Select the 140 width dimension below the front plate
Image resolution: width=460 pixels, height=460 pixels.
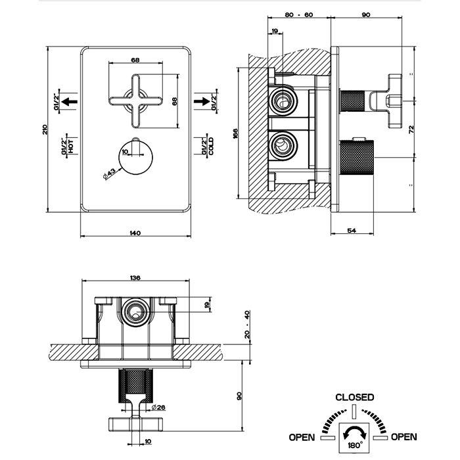pyautogui.click(x=135, y=233)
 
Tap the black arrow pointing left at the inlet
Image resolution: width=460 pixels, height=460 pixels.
pyautogui.click(x=72, y=102)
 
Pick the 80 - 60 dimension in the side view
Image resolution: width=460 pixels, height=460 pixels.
pyautogui.click(x=300, y=13)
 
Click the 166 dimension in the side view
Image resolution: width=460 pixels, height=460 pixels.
pyautogui.click(x=235, y=133)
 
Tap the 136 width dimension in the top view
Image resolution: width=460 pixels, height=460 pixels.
pyautogui.click(x=135, y=278)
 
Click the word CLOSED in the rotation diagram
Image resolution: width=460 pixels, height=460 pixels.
pyautogui.click(x=355, y=397)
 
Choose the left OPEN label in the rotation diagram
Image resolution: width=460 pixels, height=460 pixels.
pyautogui.click(x=302, y=436)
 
